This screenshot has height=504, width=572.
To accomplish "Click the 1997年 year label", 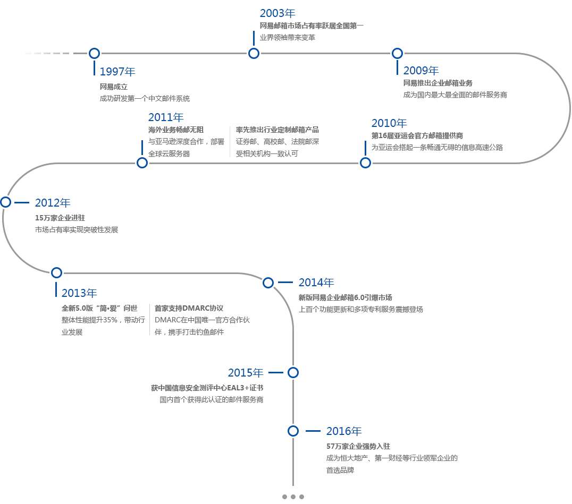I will tap(117, 72).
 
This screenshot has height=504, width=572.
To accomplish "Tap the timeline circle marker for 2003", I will tap(254, 53).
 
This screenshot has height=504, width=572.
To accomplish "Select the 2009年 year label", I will tap(421, 71).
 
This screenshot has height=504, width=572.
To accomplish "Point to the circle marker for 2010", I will tap(365, 163).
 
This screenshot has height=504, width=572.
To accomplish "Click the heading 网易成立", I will tap(113, 86).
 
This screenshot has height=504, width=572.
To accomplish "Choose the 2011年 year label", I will tap(166, 117).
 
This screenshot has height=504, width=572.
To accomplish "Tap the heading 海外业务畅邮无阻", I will tap(176, 130).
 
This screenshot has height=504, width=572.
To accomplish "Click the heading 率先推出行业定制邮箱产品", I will tap(277, 130).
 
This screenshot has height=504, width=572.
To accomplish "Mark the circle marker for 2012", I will tap(6, 202).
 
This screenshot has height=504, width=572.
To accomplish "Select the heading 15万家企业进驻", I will tap(60, 217).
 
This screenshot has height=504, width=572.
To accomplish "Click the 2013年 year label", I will tap(79, 293).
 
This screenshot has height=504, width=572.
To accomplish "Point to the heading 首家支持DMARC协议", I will tap(189, 308).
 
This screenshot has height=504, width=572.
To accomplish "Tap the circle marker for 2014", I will tap(268, 283).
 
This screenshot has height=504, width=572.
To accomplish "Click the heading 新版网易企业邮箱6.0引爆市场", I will tap(345, 297).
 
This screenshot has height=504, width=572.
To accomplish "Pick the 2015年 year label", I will tap(246, 373).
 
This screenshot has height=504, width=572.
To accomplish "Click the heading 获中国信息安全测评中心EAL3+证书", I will tap(207, 388).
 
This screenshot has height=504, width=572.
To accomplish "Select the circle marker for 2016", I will tap(293, 431).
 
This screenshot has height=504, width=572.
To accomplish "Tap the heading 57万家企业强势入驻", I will tap(358, 446).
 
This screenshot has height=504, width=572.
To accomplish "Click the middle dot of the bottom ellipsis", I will tap(293, 497).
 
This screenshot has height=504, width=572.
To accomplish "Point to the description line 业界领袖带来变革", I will tap(287, 37).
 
